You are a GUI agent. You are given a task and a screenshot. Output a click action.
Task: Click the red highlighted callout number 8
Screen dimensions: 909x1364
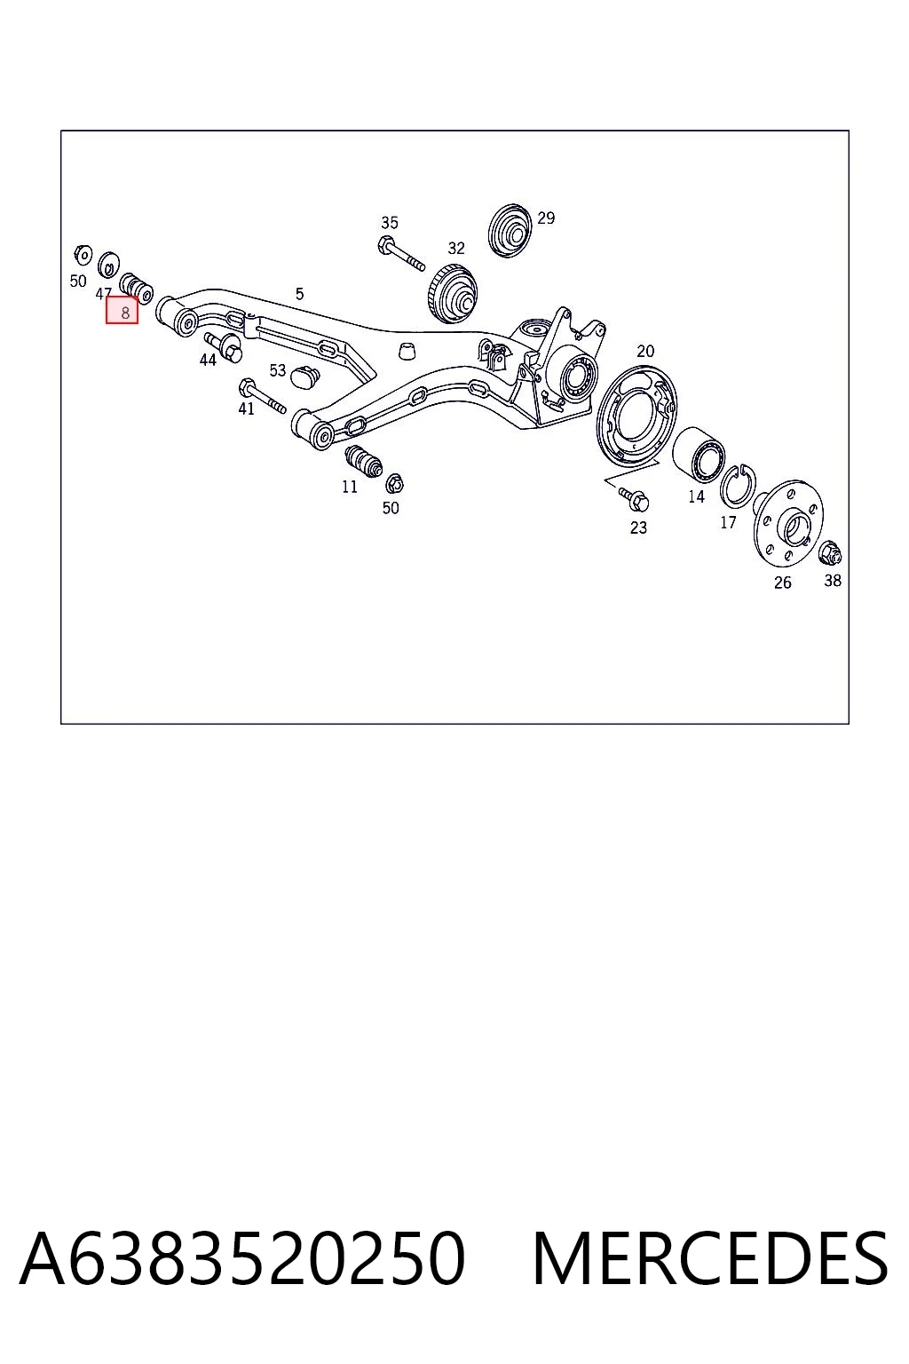pos(122,310)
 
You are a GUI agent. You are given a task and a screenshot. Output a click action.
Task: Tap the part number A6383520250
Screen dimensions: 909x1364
pos(243,1258)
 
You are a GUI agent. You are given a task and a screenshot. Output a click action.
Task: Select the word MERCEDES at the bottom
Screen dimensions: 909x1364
pos(710,1258)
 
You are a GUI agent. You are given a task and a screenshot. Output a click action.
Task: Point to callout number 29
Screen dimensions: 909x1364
pos(546,218)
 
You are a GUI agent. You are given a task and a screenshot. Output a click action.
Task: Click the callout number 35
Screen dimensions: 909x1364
pos(390,223)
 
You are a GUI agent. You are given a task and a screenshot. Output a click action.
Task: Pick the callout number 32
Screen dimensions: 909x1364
pos(456,249)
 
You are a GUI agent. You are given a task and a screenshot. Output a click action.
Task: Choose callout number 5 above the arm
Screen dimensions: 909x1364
pos(299,294)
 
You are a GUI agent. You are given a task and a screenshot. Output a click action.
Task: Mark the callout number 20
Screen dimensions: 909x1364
pos(645,352)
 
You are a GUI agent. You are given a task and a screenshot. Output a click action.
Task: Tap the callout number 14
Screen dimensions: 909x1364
pos(697,497)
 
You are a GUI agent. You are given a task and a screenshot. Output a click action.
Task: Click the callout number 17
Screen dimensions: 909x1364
pos(728,522)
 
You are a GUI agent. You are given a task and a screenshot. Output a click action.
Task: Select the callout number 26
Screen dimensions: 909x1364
pos(783,583)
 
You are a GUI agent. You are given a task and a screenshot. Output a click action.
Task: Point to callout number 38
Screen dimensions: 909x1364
pos(833,581)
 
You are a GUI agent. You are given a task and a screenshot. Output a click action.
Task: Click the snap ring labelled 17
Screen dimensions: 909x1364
pos(738,486)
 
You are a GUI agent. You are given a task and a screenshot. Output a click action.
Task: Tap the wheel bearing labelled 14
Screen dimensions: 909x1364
pos(699,454)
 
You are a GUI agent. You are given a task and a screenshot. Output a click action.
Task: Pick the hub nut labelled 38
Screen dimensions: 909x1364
pos(831,552)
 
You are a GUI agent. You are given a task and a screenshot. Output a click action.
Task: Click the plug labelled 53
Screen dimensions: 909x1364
pos(305,377)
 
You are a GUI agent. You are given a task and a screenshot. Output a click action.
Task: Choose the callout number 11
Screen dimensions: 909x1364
pos(350,488)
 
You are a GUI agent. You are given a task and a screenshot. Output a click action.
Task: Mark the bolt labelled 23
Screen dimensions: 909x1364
pos(633,498)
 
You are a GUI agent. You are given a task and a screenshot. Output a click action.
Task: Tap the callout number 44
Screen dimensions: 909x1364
pos(208,361)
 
